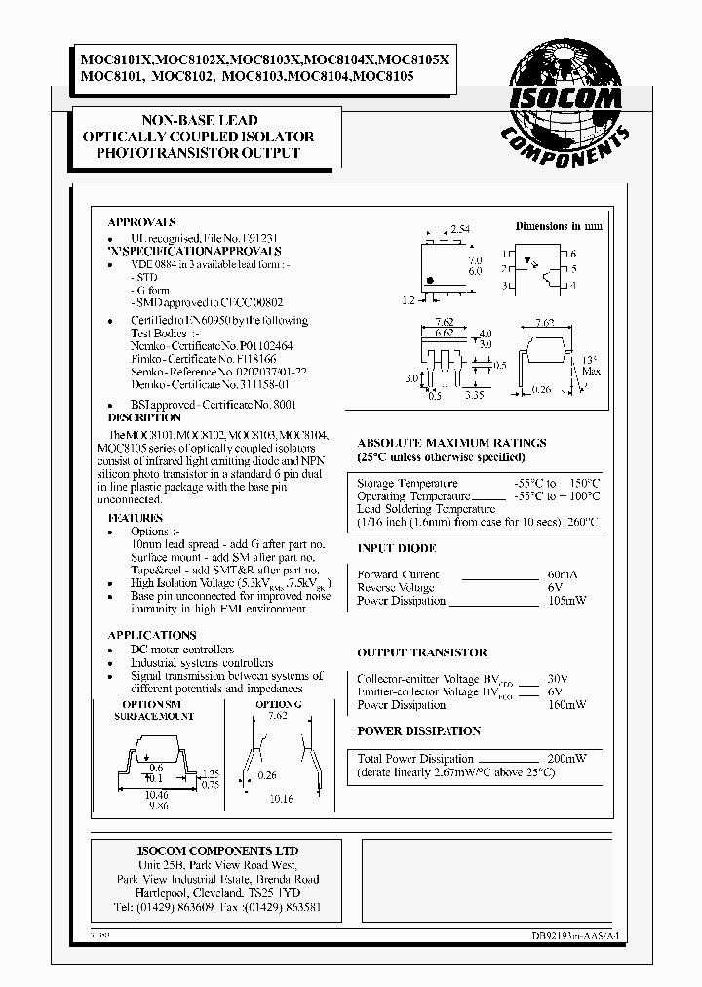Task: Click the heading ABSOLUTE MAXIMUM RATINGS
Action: pos(451,443)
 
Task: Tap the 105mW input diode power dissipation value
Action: pos(566,601)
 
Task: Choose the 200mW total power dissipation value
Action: pos(566,758)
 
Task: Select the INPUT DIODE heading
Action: pos(396,549)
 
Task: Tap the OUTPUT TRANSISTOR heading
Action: pos(421,652)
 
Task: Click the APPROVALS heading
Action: pos(142,222)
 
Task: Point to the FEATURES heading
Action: pos(136,518)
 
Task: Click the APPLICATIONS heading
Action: pos(151,635)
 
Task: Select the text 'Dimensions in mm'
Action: pos(559,225)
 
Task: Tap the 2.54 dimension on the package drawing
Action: pos(460,228)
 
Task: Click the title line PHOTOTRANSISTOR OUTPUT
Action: pos(198,153)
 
